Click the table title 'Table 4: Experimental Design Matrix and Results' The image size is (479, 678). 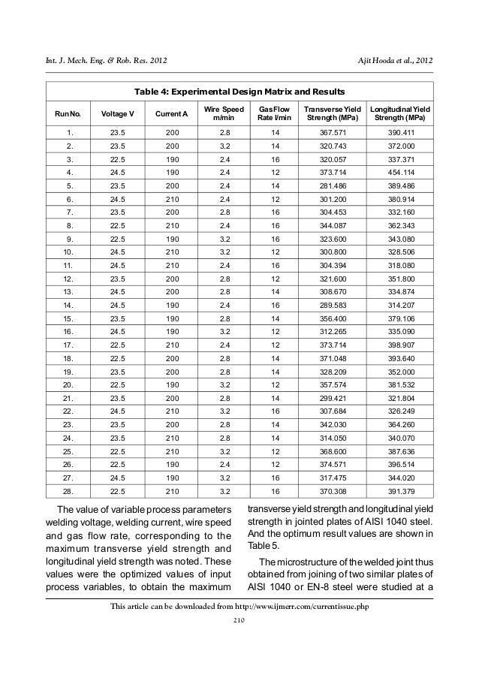pos(239,92)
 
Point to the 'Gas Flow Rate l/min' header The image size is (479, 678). pos(274,113)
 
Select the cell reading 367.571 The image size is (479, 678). pos(330,132)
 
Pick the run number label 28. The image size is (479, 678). pos(68,493)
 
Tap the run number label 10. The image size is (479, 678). pos(68,252)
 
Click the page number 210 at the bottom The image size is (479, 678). pos(239,620)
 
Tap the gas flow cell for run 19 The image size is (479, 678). pos(274,372)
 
